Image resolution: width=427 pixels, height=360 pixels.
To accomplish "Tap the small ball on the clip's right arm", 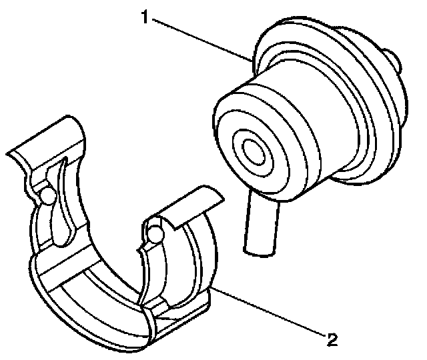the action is coord(155,233).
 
